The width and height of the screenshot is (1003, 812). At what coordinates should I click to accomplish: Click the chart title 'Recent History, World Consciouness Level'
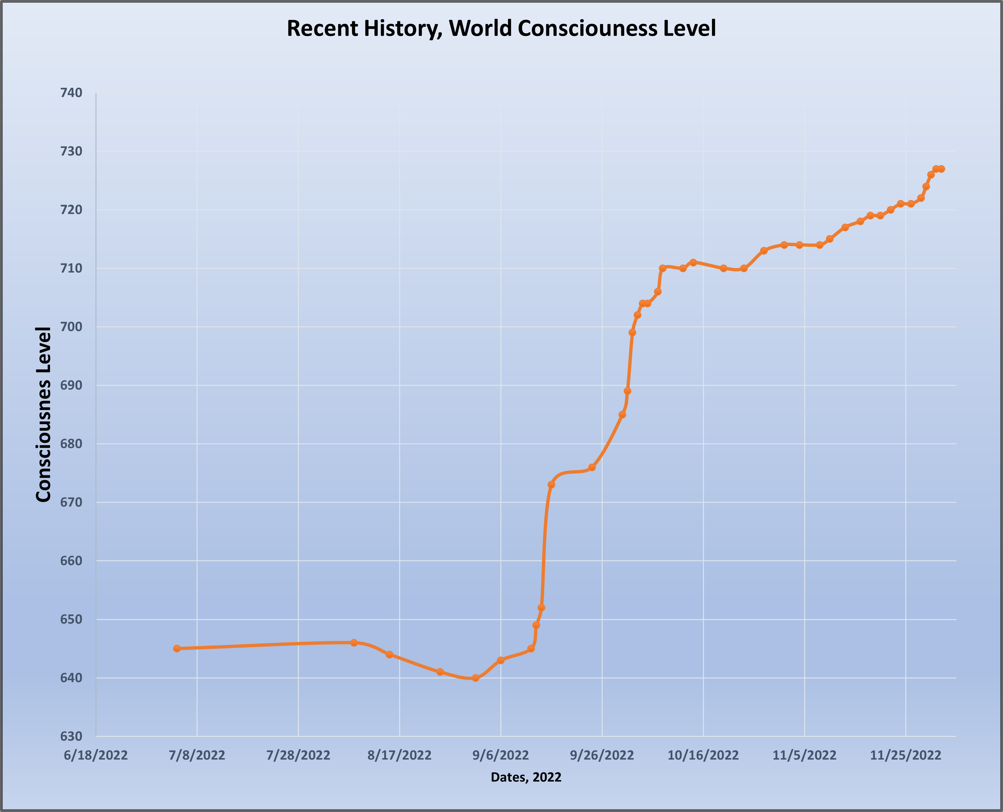(501, 28)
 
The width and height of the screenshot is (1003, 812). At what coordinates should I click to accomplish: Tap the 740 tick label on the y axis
(71, 93)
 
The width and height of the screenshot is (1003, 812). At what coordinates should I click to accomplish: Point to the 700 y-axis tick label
(71, 327)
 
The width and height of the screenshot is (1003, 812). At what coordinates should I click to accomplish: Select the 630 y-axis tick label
(71, 736)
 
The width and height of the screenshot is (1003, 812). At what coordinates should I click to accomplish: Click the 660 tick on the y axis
(71, 561)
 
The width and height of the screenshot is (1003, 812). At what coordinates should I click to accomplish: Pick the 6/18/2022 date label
(96, 755)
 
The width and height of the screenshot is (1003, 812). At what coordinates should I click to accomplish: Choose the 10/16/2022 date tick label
(703, 755)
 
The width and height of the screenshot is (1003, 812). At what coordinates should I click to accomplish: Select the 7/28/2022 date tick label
(298, 755)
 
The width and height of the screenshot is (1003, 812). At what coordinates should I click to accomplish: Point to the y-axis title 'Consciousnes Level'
(44, 414)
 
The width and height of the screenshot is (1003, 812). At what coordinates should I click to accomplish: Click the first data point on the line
(177, 649)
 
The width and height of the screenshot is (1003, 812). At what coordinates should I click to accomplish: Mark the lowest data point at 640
(475, 678)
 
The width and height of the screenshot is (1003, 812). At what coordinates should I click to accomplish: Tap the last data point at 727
(941, 169)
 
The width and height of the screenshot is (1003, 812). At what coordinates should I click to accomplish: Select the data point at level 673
(551, 484)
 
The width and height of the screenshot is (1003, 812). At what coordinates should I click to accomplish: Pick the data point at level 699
(632, 333)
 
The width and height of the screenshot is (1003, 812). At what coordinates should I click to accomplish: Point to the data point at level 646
(354, 643)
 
